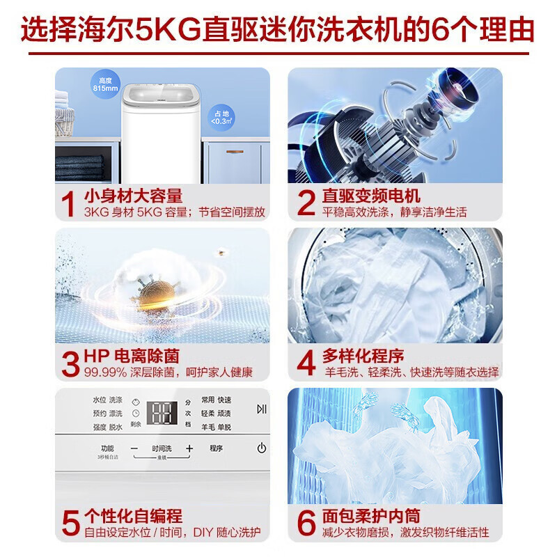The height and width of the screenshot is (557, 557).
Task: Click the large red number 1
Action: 68,203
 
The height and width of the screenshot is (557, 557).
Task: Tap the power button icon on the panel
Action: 261,448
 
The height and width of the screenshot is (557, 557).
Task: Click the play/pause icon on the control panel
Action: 261,409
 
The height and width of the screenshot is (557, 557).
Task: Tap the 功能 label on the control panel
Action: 107,448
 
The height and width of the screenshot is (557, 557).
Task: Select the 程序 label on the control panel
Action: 216,448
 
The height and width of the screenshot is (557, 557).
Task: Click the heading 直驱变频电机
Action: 371,196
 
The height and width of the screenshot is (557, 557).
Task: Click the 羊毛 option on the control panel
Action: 207,426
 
